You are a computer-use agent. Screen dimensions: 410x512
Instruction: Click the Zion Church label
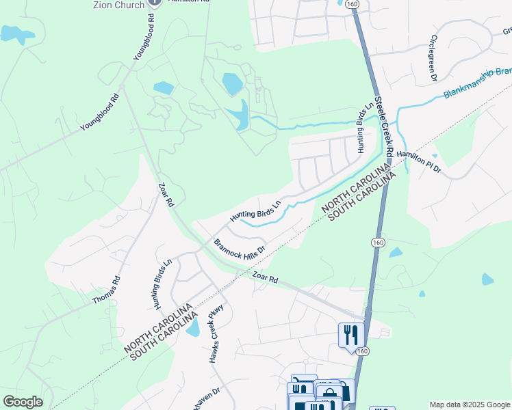118,5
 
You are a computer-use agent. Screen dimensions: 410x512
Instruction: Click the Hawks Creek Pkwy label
218,333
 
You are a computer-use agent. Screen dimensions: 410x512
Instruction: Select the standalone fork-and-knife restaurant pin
350,335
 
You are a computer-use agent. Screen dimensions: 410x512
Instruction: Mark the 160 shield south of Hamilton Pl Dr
377,243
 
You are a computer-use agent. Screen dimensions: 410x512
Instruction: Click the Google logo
23,402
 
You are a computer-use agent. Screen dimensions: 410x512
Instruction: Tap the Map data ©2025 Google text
469,405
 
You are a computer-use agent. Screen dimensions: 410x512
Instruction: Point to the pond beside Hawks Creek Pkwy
193,328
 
